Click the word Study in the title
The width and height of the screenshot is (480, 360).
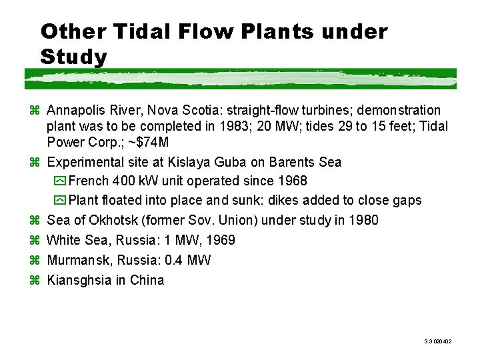(x=73, y=57)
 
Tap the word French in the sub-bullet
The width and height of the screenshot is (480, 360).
(x=89, y=181)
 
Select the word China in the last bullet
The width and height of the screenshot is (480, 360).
(x=147, y=280)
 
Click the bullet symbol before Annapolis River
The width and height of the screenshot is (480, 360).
(x=37, y=110)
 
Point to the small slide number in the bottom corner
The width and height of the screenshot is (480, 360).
(x=438, y=341)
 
